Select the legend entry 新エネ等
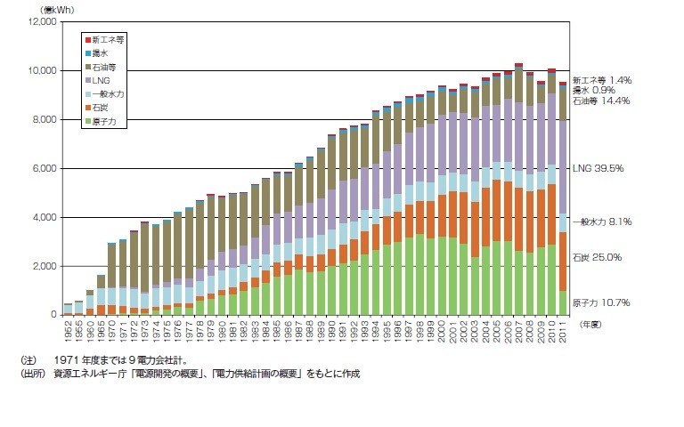point(104,40)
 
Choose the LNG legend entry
point(100,80)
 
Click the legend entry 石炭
point(100,108)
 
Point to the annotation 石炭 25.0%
point(597,257)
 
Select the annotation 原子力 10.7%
point(600,302)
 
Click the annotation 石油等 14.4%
point(601,101)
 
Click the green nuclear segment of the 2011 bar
point(563,302)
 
